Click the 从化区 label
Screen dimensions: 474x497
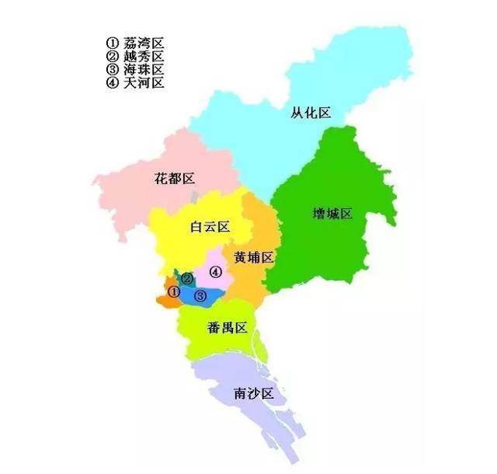coord(311,113)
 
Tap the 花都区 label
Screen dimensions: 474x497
coord(174,179)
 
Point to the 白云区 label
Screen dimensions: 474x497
coord(210,227)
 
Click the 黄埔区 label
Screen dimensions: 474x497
coord(254,257)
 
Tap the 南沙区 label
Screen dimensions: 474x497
coord(254,395)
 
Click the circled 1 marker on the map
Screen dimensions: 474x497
coord(174,291)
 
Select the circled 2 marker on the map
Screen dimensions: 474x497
coord(187,279)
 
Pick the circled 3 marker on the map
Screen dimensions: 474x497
coord(200,296)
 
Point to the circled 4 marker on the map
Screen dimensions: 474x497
coord(216,272)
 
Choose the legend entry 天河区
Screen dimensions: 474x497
coord(144,82)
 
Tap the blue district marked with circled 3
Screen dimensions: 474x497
coord(212,294)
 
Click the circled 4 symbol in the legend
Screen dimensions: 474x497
coord(113,82)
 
